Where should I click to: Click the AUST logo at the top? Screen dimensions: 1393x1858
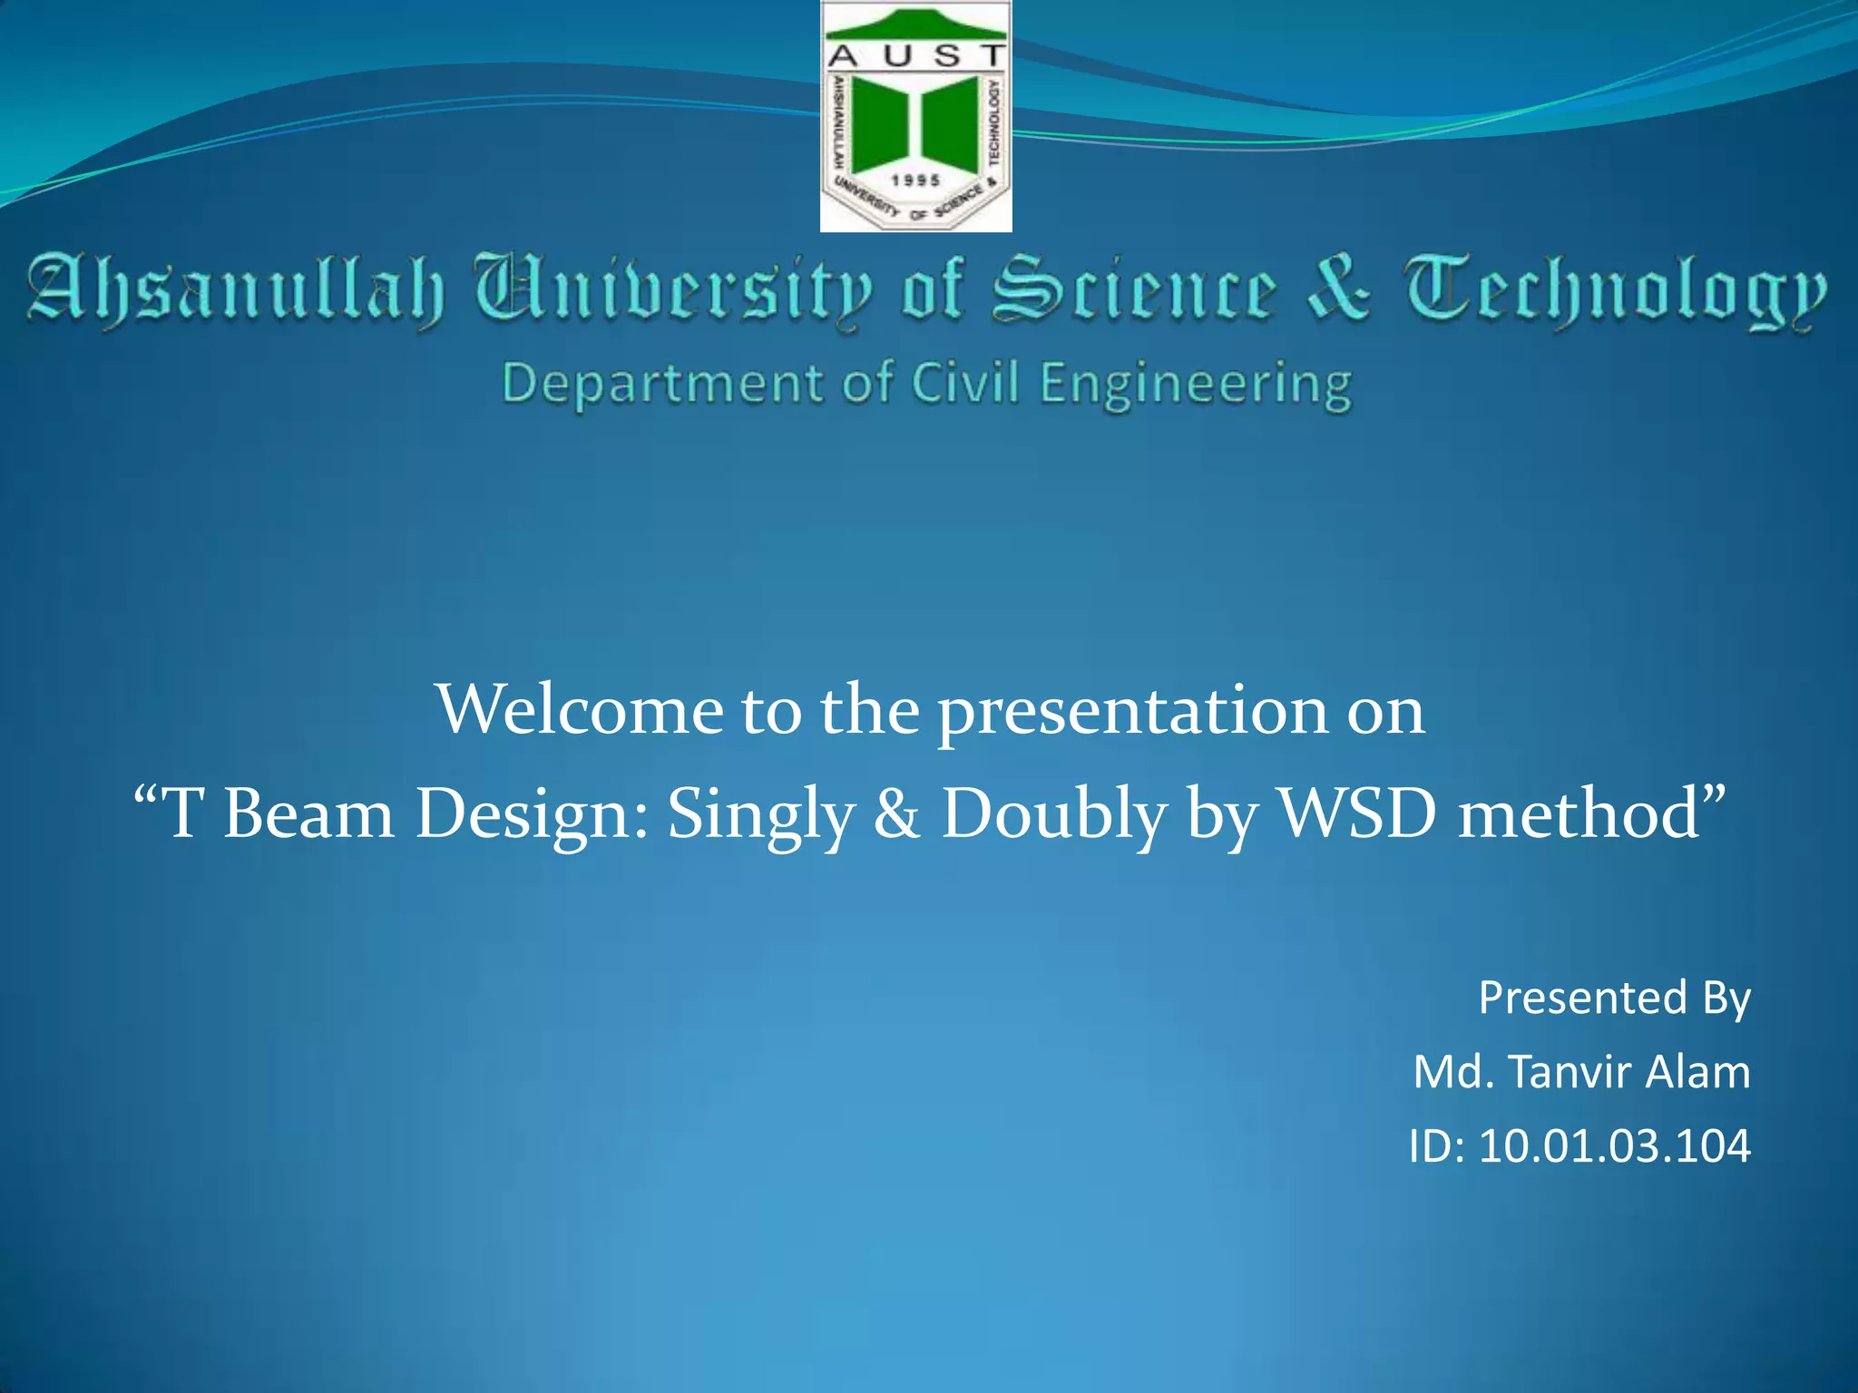[915, 116]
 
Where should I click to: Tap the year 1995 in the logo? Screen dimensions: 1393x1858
[915, 180]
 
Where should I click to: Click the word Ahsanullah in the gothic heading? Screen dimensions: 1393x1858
[236, 290]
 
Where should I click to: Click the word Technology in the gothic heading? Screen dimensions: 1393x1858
[1615, 290]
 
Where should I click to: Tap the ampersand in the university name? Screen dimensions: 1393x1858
[1339, 288]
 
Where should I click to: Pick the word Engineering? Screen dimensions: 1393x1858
[1196, 385]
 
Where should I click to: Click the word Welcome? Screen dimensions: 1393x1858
[580, 709]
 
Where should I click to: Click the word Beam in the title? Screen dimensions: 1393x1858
[308, 813]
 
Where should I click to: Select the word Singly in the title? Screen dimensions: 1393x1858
[761, 814]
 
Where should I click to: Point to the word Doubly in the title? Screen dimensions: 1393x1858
[1053, 814]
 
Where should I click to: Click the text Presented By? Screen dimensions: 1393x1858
[1614, 998]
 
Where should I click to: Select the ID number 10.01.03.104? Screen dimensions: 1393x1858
[1614, 1146]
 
